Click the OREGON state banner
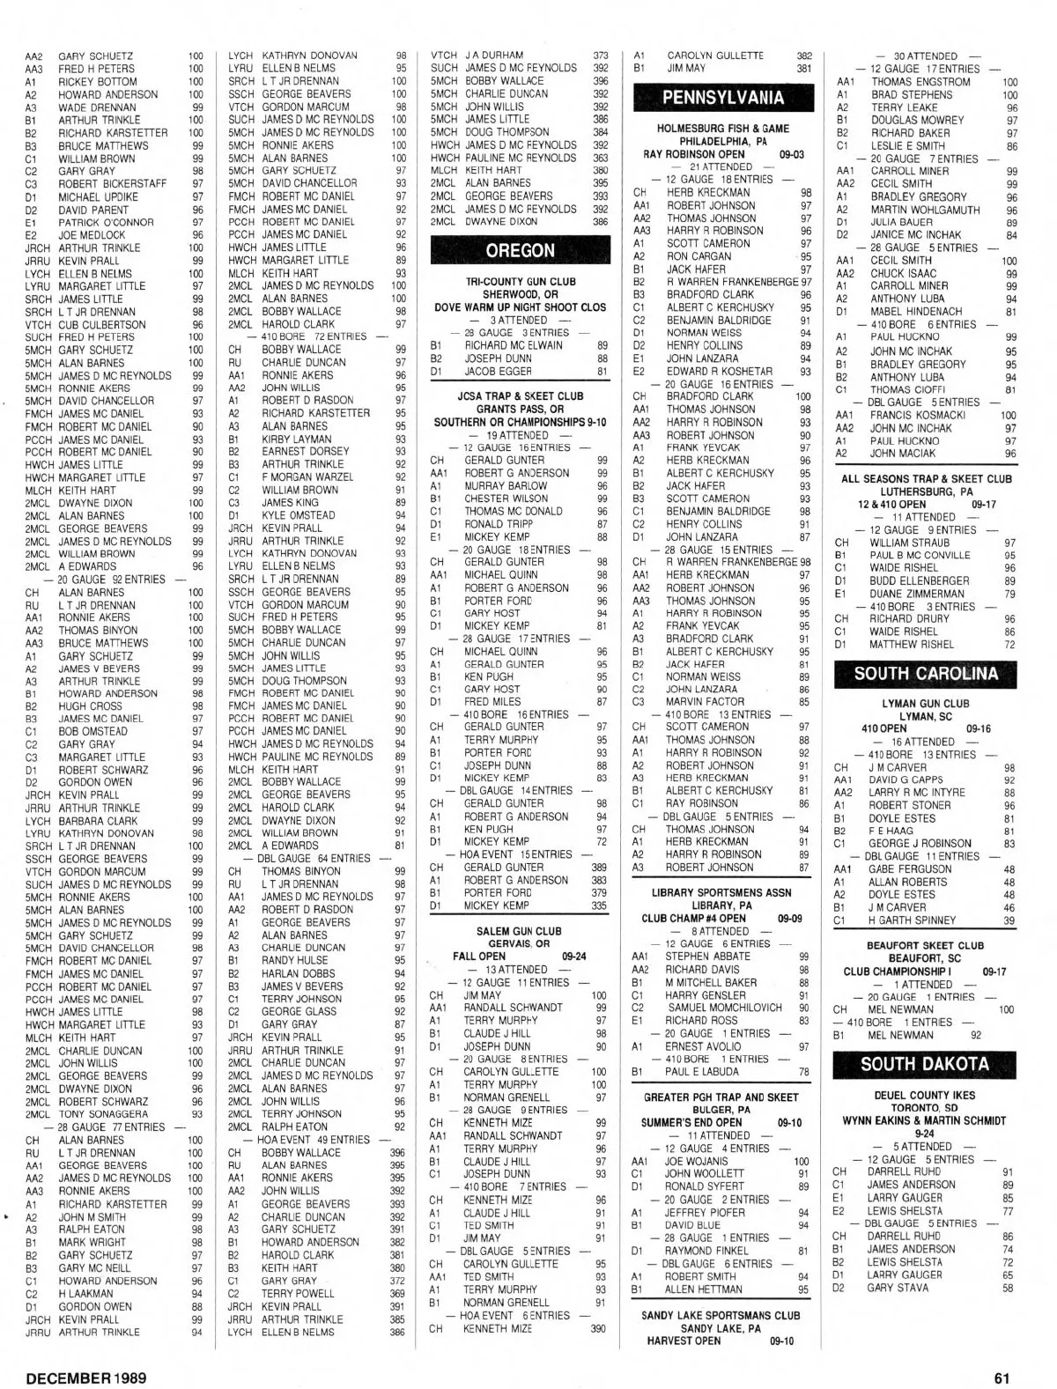pyautogui.click(x=520, y=250)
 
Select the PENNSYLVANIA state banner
pyautogui.click(x=723, y=97)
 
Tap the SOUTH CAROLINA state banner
pyautogui.click(x=925, y=674)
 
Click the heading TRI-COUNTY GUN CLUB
pyautogui.click(x=520, y=282)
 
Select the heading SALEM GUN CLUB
pyautogui.click(x=519, y=931)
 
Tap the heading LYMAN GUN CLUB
pyautogui.click(x=925, y=704)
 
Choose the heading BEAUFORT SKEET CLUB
pyautogui.click(x=925, y=946)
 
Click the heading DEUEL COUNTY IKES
pyautogui.click(x=925, y=1096)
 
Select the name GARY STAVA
pyautogui.click(x=898, y=1288)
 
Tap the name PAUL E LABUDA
pyautogui.click(x=702, y=1072)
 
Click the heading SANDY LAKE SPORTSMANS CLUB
pyautogui.click(x=721, y=1316)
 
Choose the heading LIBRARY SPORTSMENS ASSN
pyautogui.click(x=721, y=892)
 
